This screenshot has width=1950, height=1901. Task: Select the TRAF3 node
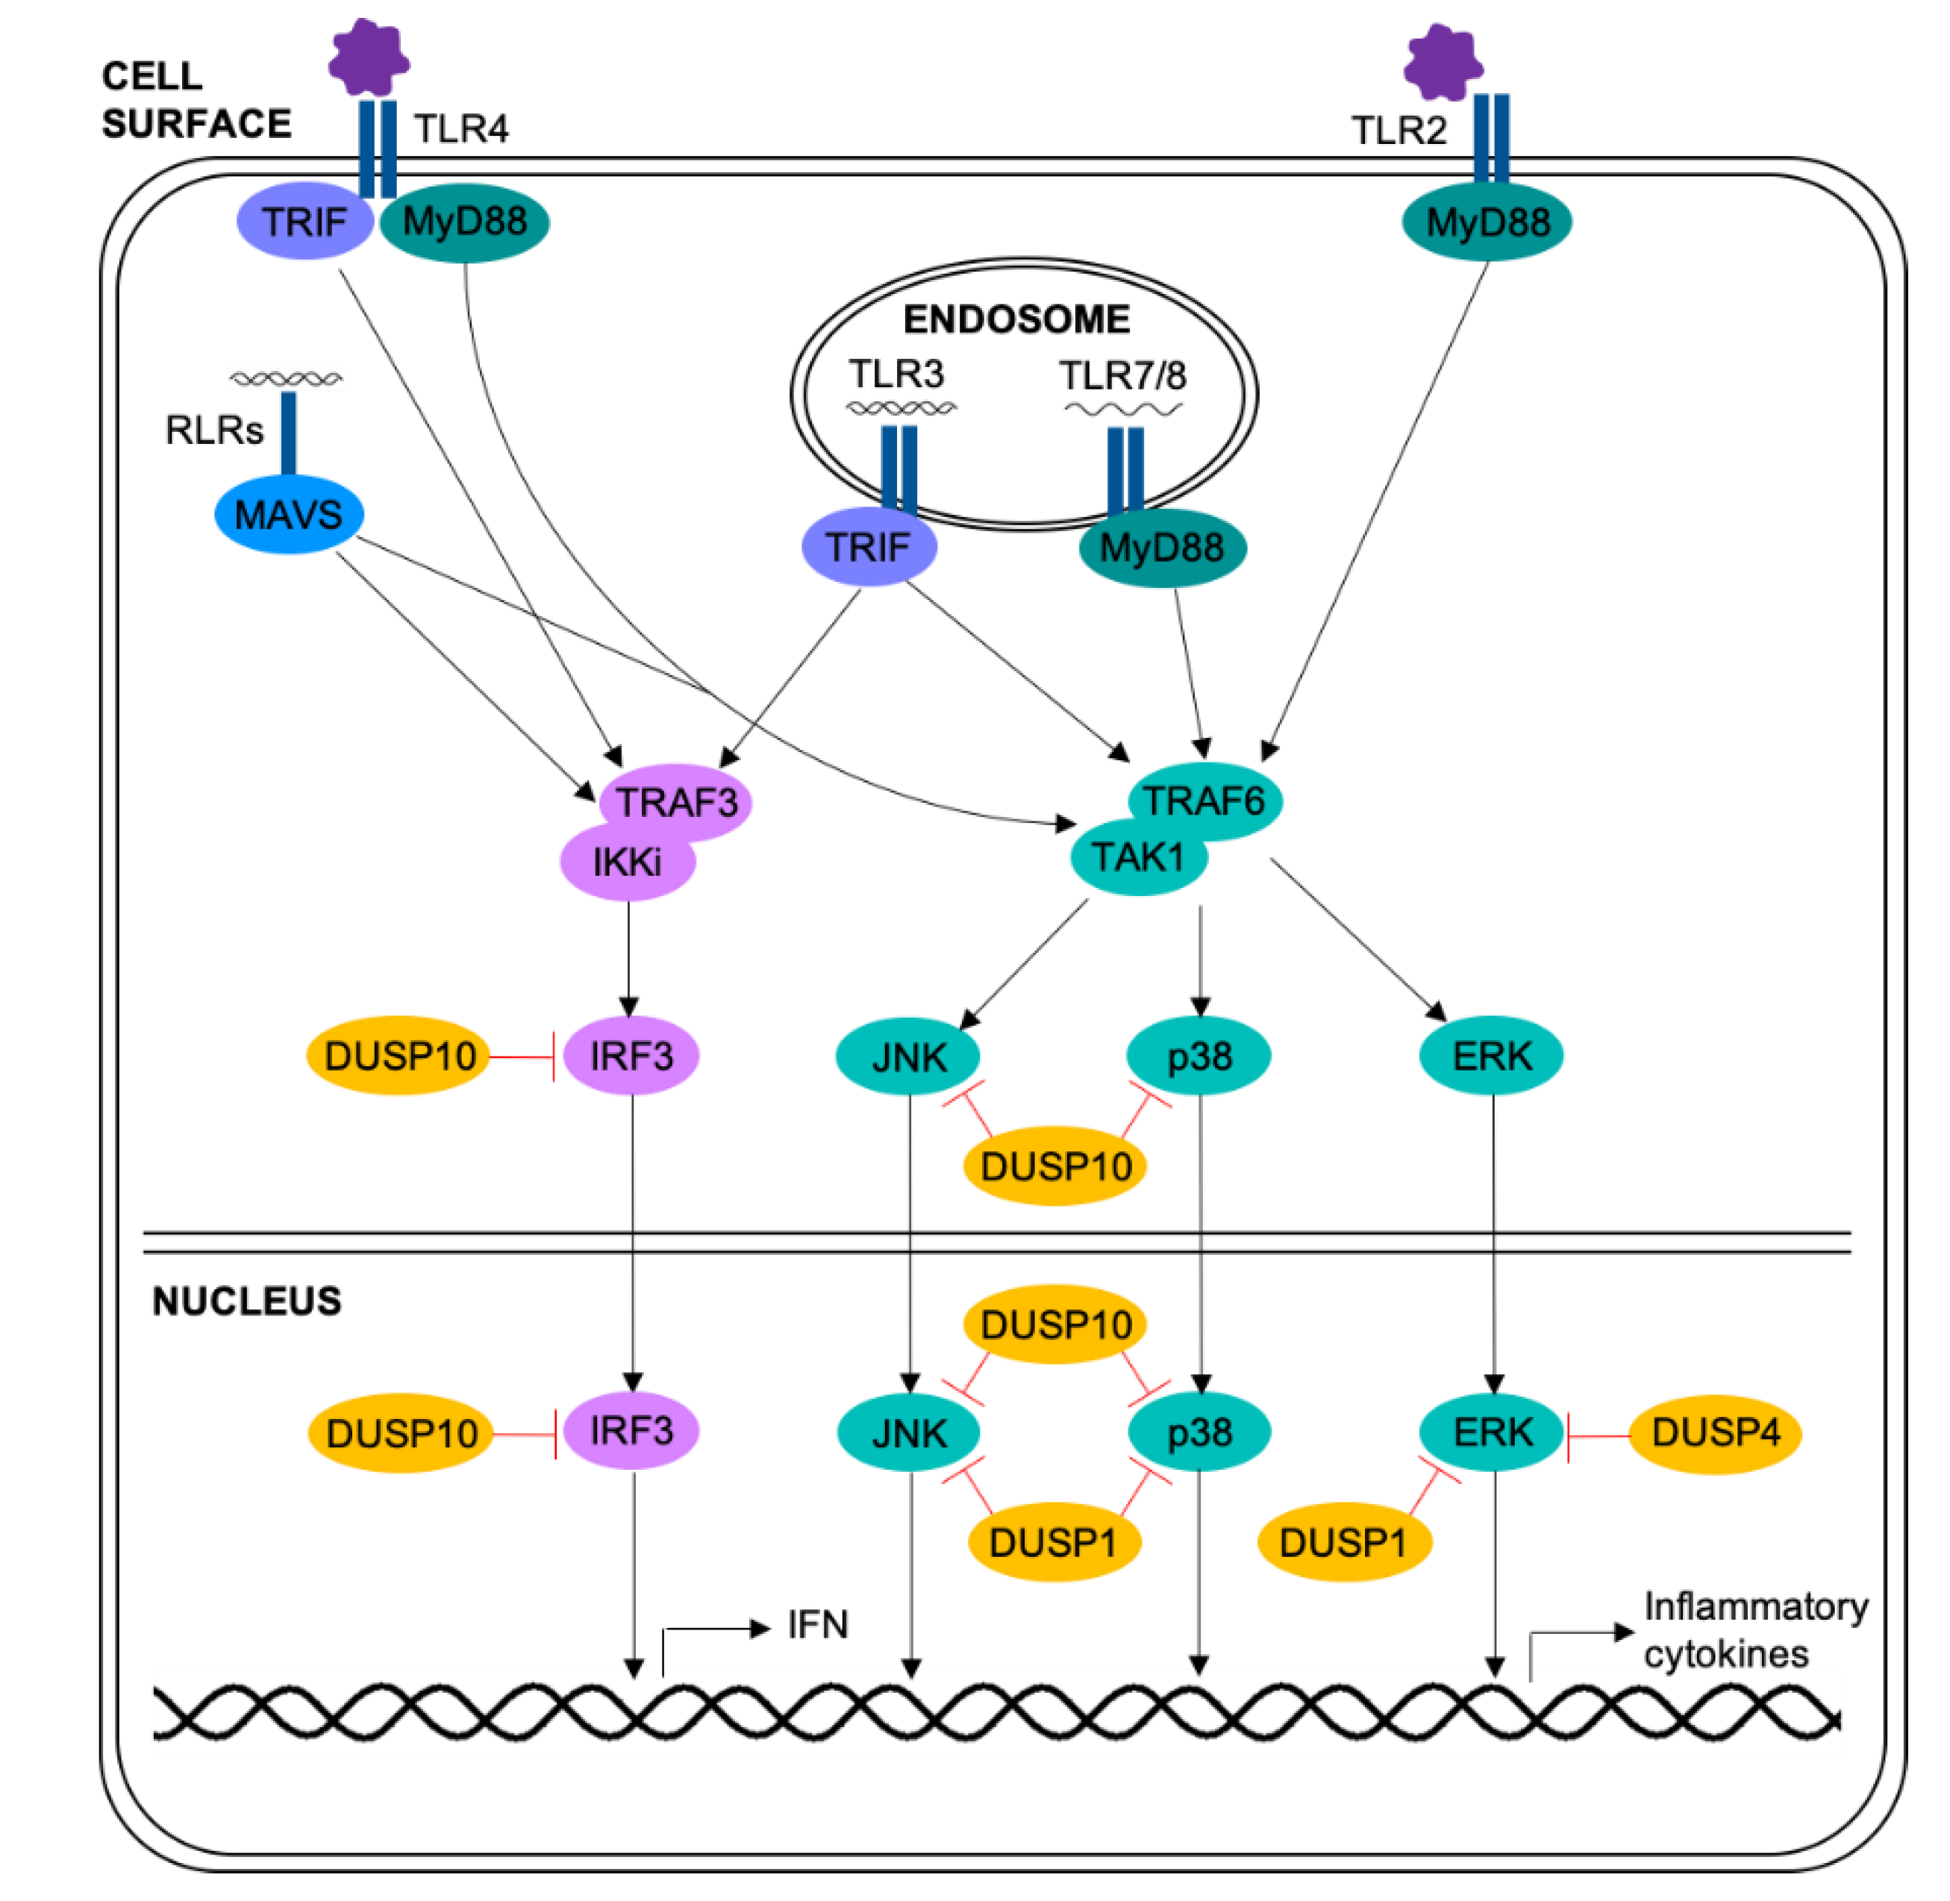pos(676,802)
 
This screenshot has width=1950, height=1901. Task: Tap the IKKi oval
pos(627,862)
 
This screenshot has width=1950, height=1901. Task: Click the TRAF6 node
pos(1204,800)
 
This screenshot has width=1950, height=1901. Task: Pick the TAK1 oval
pos(1137,856)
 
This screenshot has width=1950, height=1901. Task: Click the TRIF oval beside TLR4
pos(304,222)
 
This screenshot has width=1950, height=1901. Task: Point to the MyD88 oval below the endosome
pos(1161,547)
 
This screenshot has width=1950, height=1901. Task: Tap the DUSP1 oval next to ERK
pos(1343,1543)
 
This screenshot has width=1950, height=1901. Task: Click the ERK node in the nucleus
pos(1492,1432)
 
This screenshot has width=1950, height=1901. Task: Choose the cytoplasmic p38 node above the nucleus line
pos(1199,1056)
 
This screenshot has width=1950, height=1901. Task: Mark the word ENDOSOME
pos(1016,319)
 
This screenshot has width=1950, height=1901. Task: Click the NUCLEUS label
pos(246,1301)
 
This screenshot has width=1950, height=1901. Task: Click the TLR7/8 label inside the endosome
pos(1122,375)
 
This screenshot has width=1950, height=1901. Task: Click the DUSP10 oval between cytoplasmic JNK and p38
pos(1055,1165)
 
